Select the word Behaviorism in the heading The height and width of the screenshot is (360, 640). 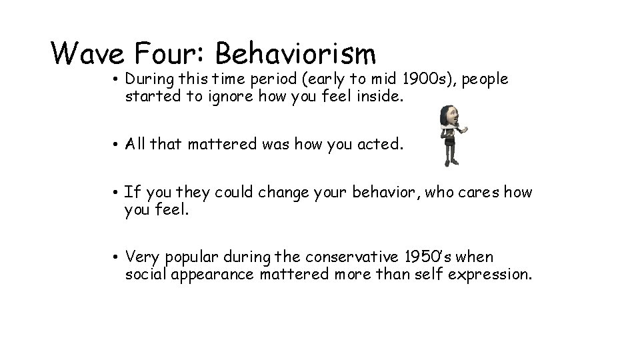pyautogui.click(x=296, y=53)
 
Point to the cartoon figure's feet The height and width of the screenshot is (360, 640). pyautogui.click(x=453, y=163)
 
